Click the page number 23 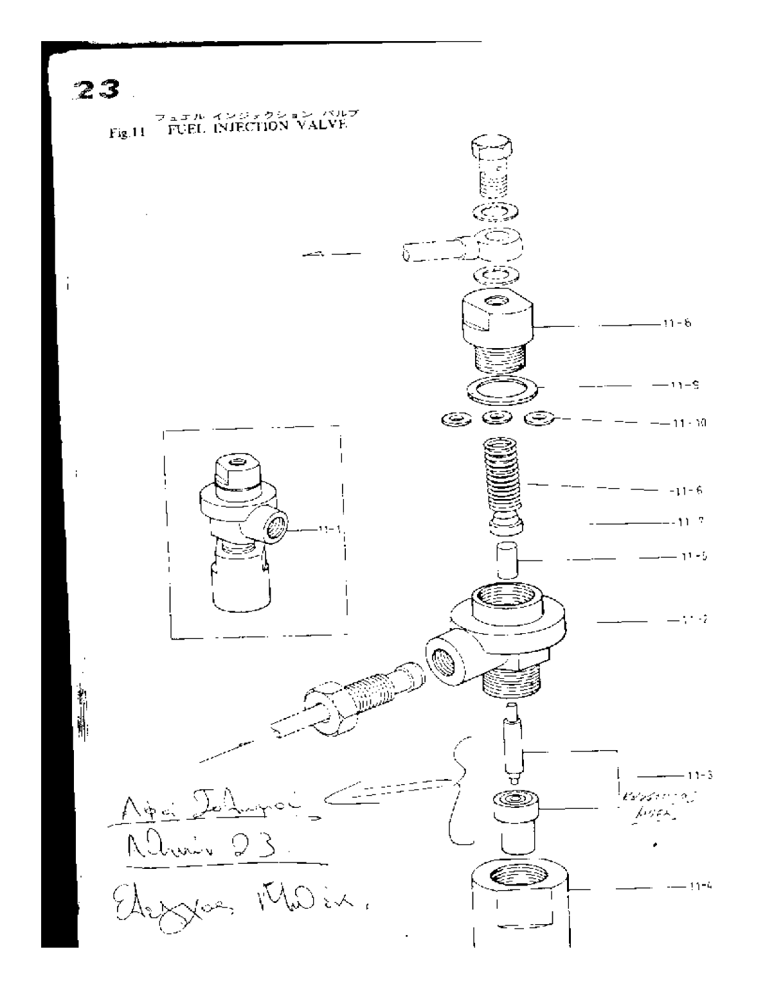(97, 89)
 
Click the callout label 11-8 (677, 324)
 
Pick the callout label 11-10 (678, 423)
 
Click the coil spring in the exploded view (504, 473)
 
